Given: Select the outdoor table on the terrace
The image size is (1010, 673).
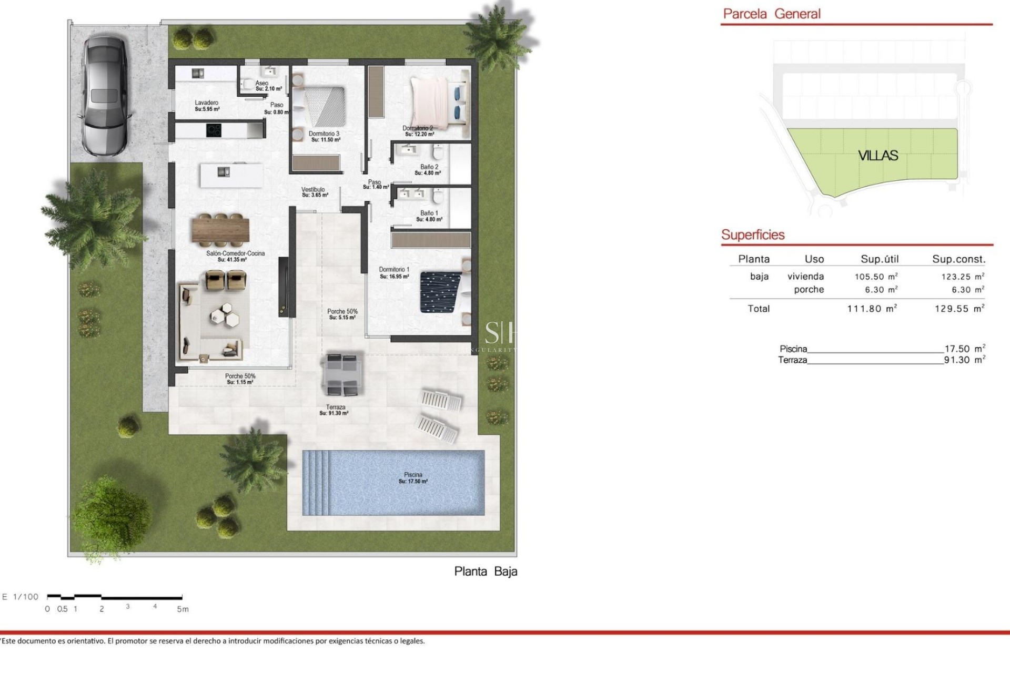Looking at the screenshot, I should click(342, 374).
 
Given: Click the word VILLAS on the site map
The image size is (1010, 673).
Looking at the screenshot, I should click(878, 156).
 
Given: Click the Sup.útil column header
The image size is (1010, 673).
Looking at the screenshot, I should click(880, 259).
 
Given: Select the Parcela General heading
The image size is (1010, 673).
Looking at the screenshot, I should click(772, 14).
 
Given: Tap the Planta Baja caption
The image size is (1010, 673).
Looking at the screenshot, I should click(486, 572).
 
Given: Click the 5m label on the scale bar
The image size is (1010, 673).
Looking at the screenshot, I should click(183, 609).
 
